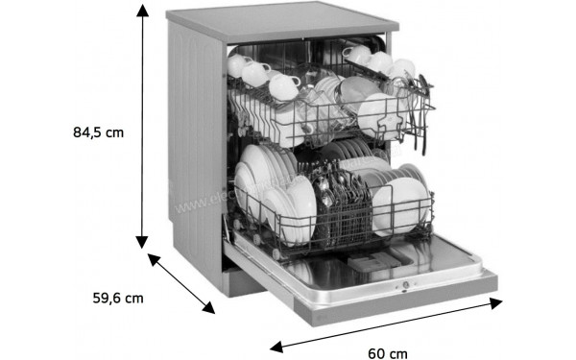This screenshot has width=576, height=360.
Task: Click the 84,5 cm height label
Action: click(x=99, y=132)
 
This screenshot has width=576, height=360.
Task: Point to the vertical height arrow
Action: click(x=143, y=125)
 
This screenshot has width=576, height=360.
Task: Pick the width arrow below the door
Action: click(x=385, y=324)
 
